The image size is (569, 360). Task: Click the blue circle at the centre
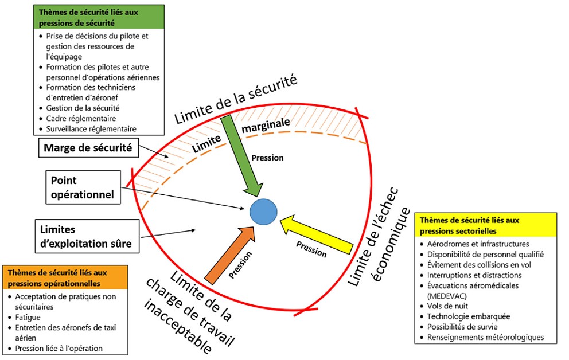264,210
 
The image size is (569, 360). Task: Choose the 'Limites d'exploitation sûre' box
86,236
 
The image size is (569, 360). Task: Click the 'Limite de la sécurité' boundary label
236,100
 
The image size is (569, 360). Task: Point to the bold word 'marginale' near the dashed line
266,126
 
